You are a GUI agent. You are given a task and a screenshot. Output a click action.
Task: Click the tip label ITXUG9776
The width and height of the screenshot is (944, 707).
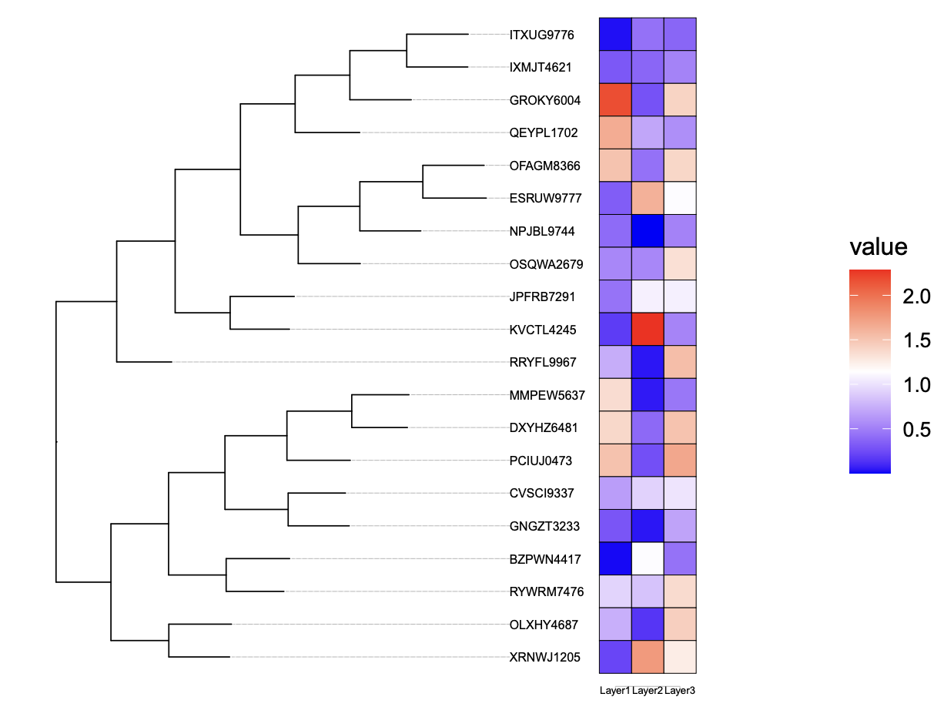(x=541, y=35)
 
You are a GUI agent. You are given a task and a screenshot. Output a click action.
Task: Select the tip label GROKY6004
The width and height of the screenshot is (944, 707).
(x=544, y=100)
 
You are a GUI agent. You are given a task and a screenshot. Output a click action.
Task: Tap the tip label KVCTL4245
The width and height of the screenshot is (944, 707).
(x=543, y=330)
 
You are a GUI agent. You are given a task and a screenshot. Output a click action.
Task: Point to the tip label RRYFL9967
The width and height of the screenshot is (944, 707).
(x=543, y=362)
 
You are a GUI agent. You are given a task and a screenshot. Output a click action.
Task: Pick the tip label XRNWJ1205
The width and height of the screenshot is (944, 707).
(x=544, y=657)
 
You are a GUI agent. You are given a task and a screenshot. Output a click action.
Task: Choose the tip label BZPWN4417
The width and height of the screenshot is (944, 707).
(x=545, y=559)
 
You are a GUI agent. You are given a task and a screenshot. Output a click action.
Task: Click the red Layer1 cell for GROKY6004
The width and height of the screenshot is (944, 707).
(x=616, y=100)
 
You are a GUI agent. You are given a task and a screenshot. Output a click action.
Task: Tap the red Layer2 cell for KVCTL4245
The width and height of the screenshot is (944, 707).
(x=648, y=330)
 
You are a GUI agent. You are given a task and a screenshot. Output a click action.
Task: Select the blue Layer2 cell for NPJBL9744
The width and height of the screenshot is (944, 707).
(x=648, y=231)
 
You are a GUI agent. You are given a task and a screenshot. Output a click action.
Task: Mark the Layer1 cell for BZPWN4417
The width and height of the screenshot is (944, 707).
(x=616, y=559)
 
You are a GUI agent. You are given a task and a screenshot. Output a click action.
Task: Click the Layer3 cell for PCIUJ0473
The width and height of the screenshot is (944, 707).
(x=681, y=461)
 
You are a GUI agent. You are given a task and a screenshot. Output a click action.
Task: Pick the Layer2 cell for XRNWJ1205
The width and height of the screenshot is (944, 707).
(x=648, y=657)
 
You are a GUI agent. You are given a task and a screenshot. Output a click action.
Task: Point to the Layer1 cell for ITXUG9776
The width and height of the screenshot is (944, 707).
(x=616, y=35)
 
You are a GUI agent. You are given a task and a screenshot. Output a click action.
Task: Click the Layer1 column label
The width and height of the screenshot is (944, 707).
(x=614, y=691)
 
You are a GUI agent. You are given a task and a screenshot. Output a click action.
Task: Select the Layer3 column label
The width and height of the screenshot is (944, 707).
(x=681, y=691)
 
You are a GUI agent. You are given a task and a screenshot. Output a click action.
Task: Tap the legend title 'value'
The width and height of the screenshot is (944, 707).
(x=879, y=247)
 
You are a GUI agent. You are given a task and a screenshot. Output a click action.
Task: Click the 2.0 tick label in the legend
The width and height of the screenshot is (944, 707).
(x=917, y=297)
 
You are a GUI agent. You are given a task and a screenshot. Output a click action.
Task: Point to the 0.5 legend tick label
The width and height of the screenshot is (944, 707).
(x=917, y=428)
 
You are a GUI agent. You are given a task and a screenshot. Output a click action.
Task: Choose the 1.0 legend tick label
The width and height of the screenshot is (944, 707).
(x=917, y=384)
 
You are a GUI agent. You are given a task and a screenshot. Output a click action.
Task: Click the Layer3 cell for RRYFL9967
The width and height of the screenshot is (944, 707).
(x=681, y=362)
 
